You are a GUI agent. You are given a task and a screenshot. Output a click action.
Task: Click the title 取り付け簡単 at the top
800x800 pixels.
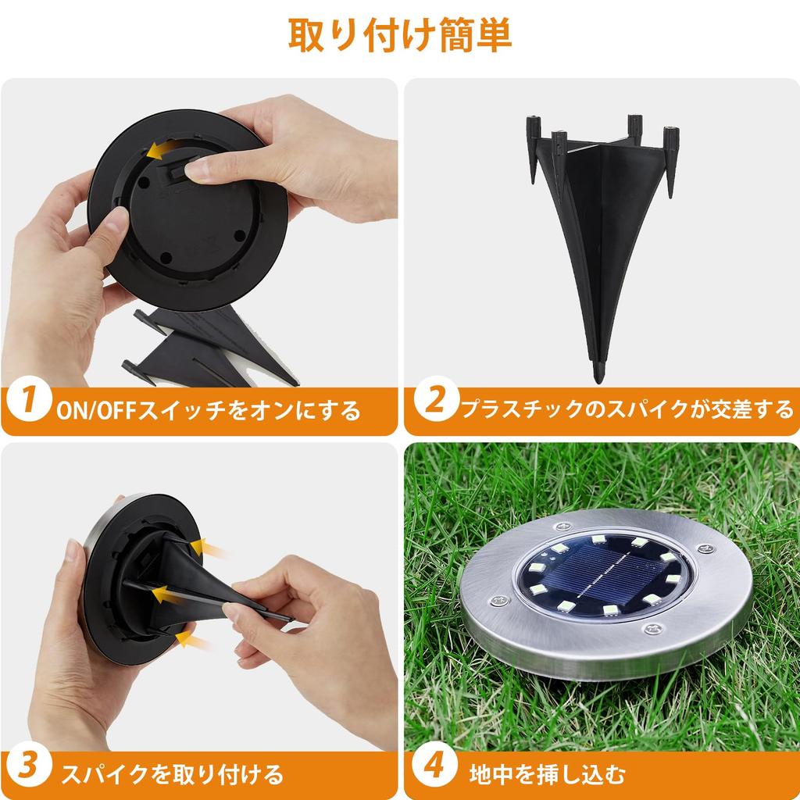pyautogui.click(x=400, y=35)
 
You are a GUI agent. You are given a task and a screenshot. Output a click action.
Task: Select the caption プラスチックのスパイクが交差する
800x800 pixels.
pyautogui.click(x=625, y=408)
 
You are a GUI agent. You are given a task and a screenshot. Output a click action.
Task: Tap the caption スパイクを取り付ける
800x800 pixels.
pyautogui.click(x=172, y=775)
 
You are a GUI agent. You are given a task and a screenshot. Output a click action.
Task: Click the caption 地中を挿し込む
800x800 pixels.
pyautogui.click(x=547, y=775)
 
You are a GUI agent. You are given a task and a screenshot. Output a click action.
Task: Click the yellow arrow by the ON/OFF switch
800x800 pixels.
pyautogui.click(x=162, y=150)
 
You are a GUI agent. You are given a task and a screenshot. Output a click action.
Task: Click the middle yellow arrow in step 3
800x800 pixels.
pyautogui.click(x=166, y=595)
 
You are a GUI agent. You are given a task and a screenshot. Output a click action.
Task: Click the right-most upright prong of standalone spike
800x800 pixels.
pyautogui.click(x=670, y=156)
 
